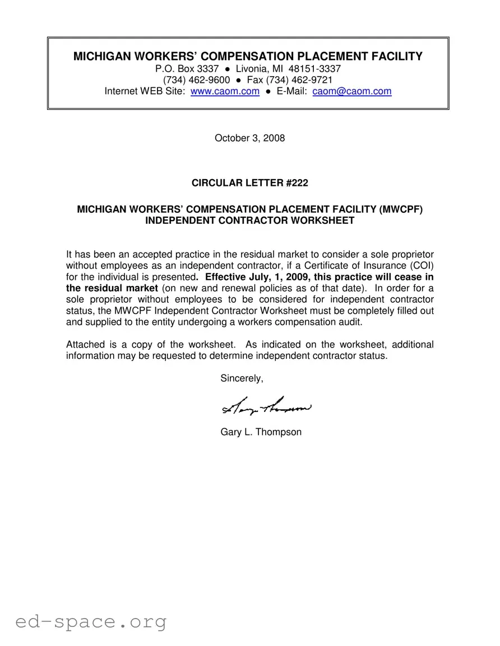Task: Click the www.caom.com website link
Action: tap(225, 91)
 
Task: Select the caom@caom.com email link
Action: tap(351, 91)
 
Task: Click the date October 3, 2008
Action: tap(249, 138)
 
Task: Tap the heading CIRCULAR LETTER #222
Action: tap(249, 183)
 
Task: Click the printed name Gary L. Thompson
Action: tap(261, 432)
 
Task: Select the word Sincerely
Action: tap(242, 378)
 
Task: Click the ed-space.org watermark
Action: tap(91, 621)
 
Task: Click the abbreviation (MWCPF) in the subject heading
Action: tap(400, 209)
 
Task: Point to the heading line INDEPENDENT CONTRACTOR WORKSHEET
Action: tap(249, 221)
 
